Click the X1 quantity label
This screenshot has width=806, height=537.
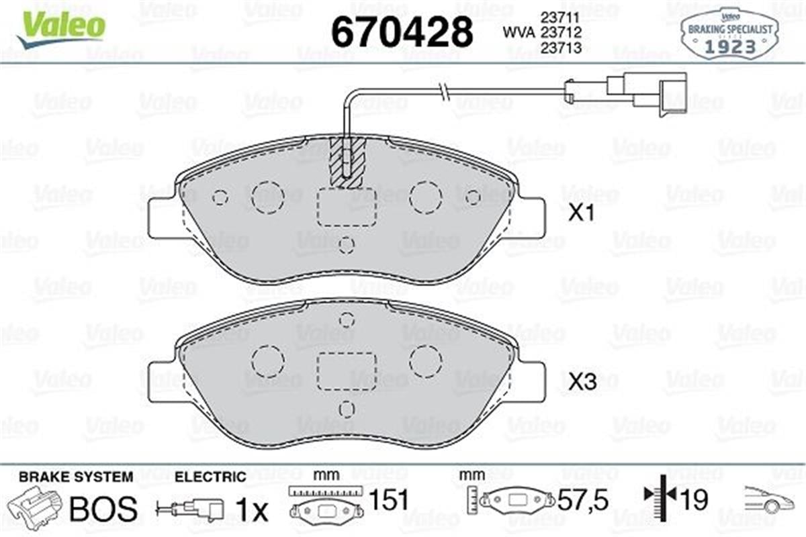pyautogui.click(x=582, y=214)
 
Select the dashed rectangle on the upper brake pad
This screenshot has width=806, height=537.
pyautogui.click(x=347, y=207)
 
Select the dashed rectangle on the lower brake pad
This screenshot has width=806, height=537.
pyautogui.click(x=347, y=371)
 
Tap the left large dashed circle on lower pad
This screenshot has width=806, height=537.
pyautogui.click(x=267, y=362)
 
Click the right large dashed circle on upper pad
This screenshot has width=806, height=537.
pyautogui.click(x=426, y=197)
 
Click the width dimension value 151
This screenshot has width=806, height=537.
pyautogui.click(x=390, y=500)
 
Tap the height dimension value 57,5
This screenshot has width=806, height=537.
pyautogui.click(x=583, y=500)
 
